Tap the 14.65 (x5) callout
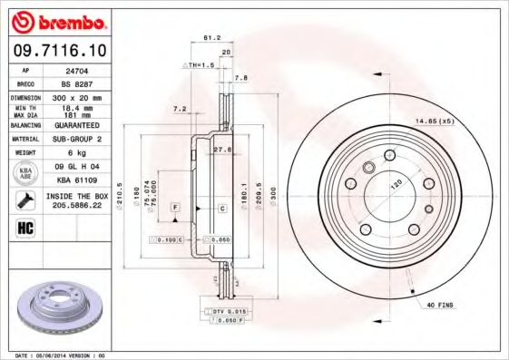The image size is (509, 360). click(434, 121)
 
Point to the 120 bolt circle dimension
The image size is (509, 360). click(396, 183)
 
